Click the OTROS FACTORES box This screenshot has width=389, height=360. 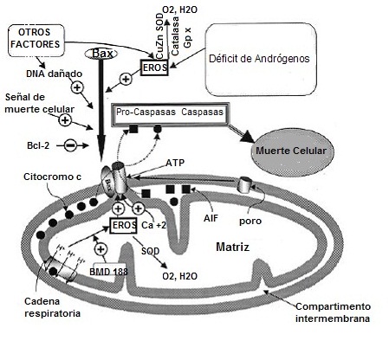(x=36, y=37)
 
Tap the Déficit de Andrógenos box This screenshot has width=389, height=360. (x=258, y=58)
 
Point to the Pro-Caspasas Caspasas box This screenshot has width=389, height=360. (x=169, y=113)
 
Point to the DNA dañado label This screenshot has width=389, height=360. (x=49, y=74)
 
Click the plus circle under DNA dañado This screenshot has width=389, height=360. (x=76, y=88)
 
